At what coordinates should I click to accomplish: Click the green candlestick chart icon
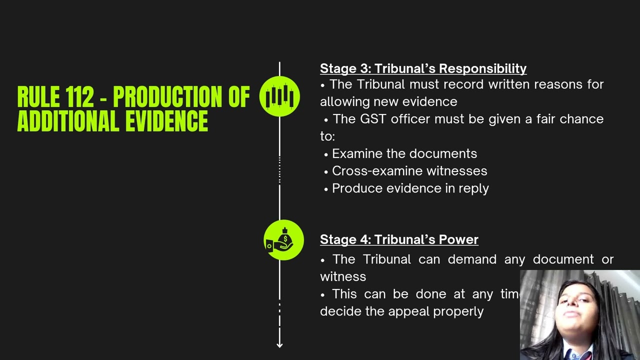279,96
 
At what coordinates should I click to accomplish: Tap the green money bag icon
283,240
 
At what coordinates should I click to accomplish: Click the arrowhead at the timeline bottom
279,344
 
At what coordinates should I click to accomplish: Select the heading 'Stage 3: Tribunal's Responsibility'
423,68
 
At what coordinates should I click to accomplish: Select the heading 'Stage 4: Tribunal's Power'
399,239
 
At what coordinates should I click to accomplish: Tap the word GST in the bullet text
373,119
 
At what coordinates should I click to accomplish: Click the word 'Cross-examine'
377,171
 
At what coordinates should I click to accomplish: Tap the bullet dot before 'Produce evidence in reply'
326,189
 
